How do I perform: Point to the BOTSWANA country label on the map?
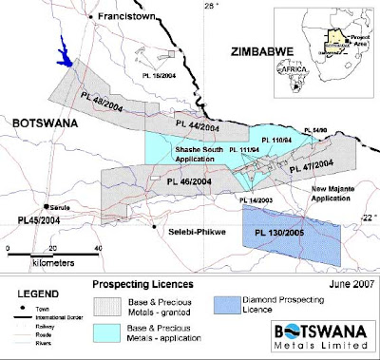pyautogui.click(x=39, y=123)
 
